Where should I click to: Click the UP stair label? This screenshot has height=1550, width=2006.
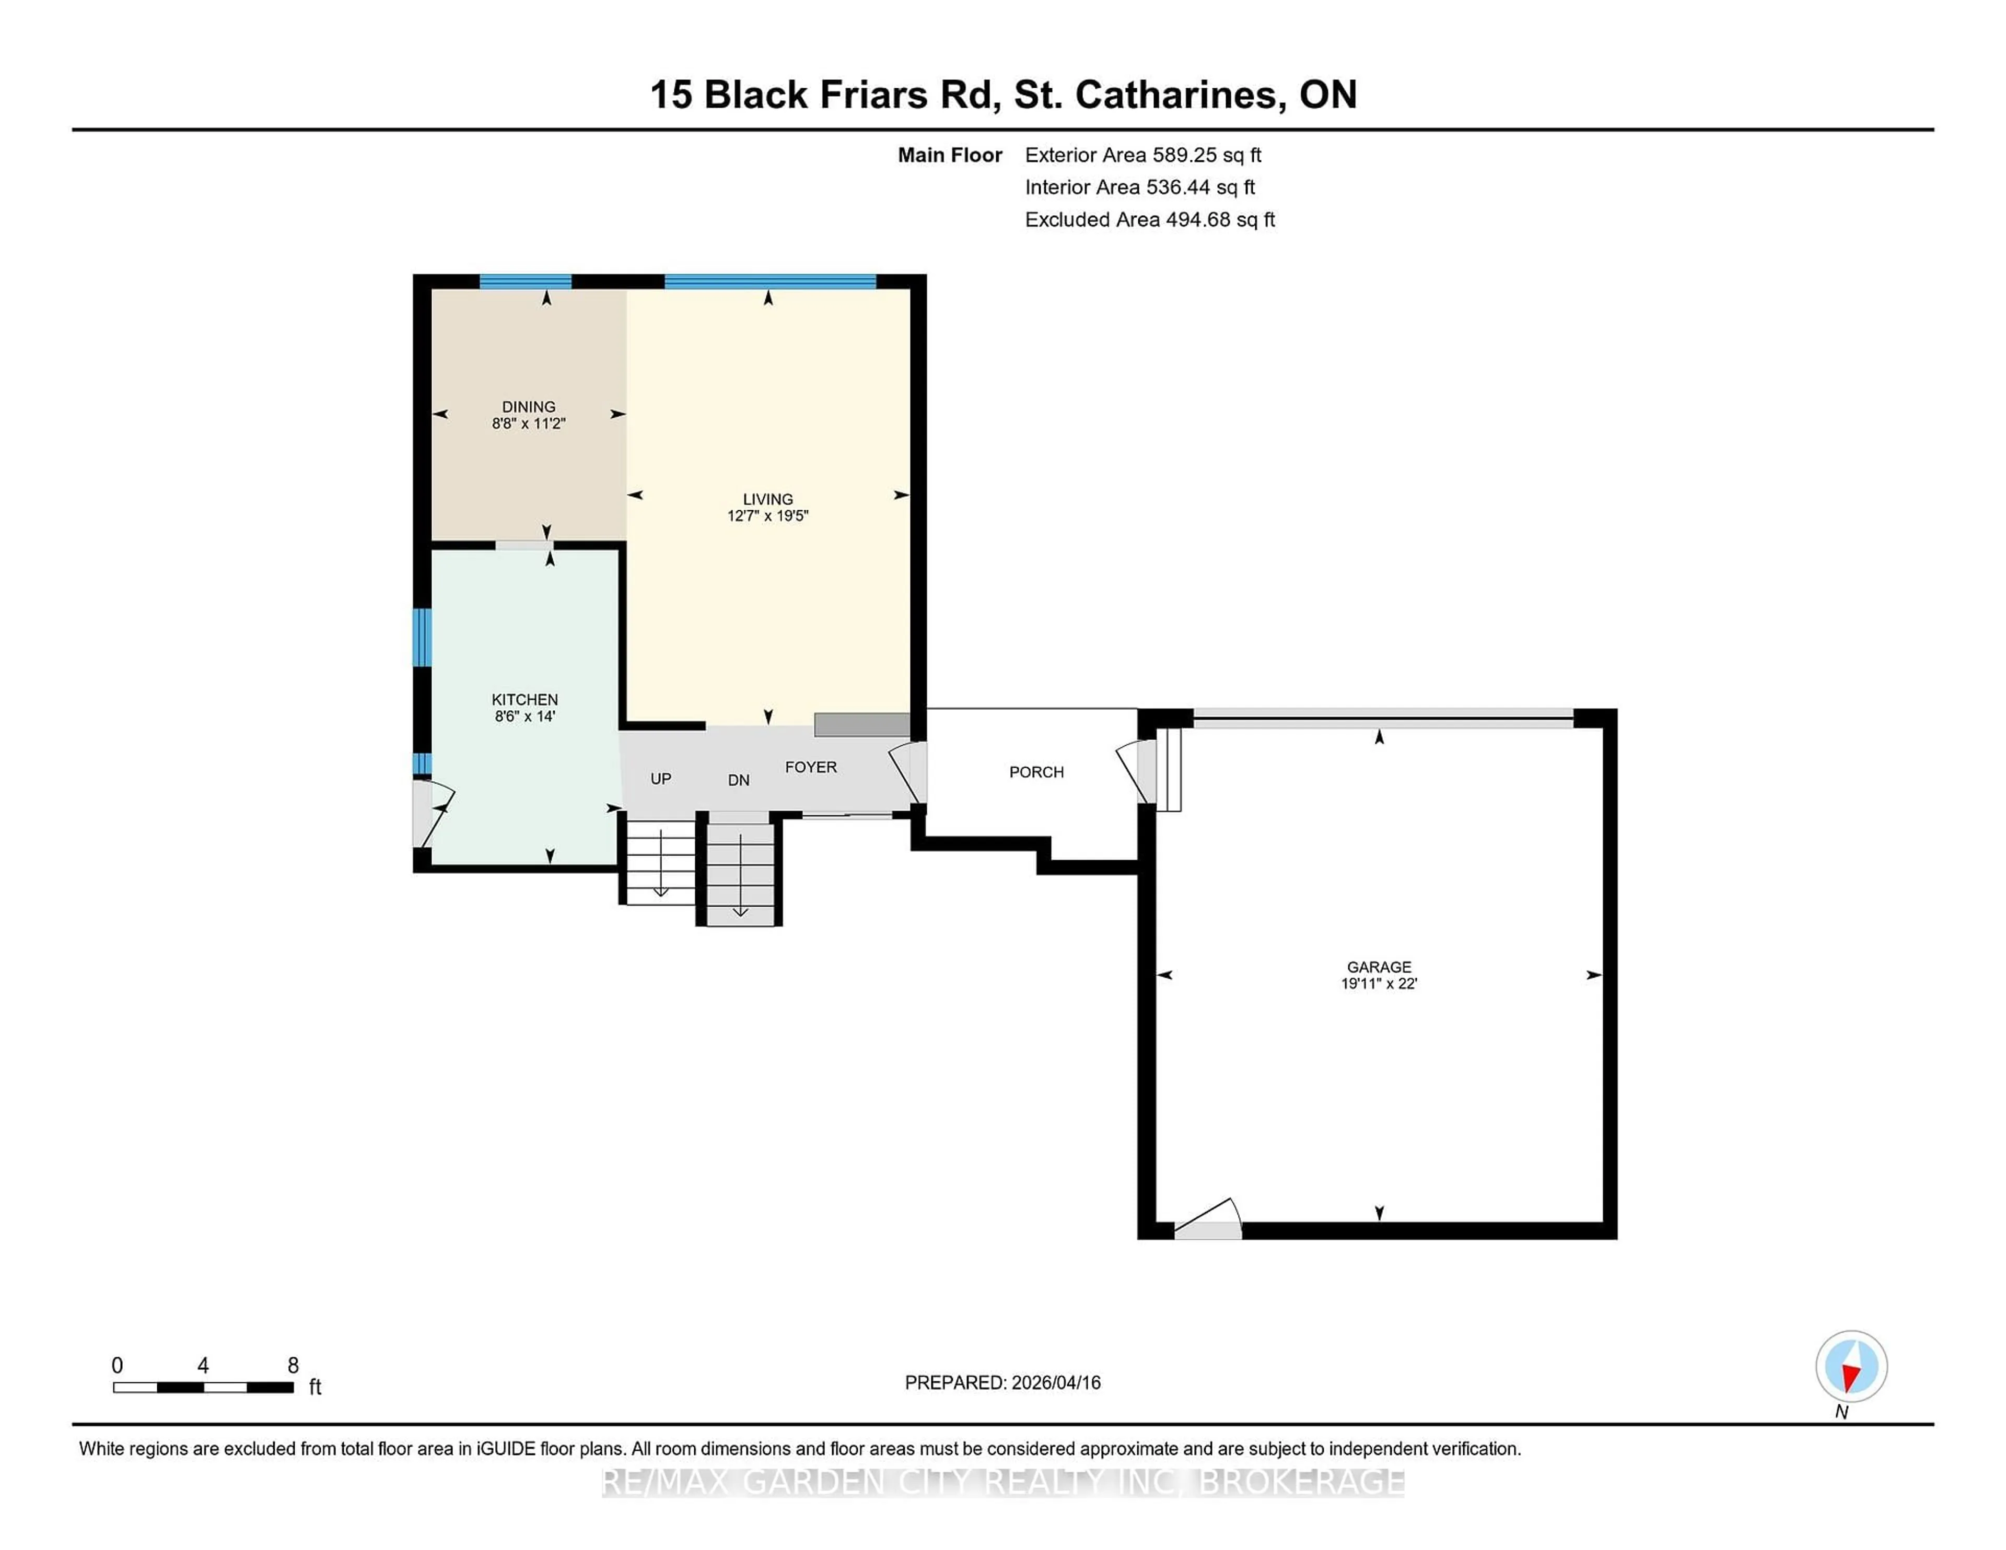click(x=660, y=779)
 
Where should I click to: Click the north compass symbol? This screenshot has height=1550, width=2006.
click(x=1851, y=1366)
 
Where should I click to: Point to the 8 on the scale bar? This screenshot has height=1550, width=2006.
click(x=293, y=1366)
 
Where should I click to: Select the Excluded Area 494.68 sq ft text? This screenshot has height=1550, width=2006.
click(x=1149, y=219)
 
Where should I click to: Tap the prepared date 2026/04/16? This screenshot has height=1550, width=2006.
click(x=1054, y=1383)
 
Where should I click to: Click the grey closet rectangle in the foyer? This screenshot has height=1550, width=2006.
click(x=861, y=724)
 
